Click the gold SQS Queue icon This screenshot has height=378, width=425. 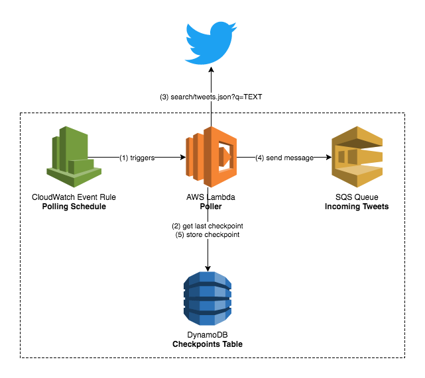click(357, 157)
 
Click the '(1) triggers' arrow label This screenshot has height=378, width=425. click(138, 158)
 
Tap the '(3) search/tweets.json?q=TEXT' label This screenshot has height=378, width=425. click(211, 97)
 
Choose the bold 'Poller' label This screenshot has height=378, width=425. click(210, 207)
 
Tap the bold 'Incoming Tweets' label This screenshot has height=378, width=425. click(356, 207)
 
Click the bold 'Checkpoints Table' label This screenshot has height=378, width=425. click(210, 344)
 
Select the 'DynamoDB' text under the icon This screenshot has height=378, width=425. click(210, 335)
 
